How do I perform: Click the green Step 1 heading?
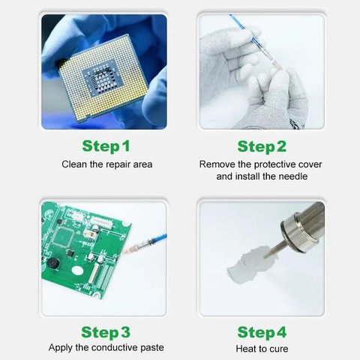(106, 146)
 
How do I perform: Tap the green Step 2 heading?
(262, 146)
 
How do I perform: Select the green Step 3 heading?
(106, 332)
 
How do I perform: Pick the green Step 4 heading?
(262, 332)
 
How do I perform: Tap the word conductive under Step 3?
(114, 347)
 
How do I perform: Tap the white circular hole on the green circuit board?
(77, 270)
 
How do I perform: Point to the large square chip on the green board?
(64, 237)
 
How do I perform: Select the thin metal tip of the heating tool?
(274, 249)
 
